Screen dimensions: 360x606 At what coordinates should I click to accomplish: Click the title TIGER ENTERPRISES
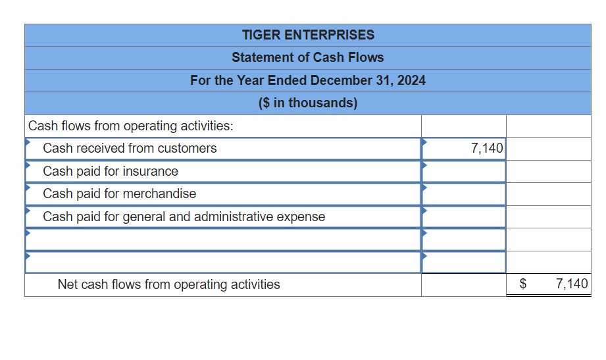pos(307,35)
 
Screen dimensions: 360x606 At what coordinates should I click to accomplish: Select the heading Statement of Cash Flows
pos(307,57)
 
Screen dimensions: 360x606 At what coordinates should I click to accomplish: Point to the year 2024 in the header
pos(411,80)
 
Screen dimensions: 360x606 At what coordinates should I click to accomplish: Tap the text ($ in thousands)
pos(307,103)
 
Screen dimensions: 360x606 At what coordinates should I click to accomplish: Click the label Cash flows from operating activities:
pos(130,126)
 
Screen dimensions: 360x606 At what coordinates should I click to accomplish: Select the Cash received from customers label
pos(130,148)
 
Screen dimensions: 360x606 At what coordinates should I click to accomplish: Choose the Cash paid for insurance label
pos(111,171)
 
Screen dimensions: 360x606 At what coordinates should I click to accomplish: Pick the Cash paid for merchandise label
pos(119,193)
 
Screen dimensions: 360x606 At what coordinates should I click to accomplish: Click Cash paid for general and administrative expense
pos(184,217)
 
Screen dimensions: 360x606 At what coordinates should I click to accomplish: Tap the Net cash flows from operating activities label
pos(168,284)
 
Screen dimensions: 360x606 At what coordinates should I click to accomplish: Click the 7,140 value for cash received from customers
pos(487,149)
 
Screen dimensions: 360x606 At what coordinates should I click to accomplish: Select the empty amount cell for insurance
pos(464,171)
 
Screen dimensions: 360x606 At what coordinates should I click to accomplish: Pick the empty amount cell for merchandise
pos(464,193)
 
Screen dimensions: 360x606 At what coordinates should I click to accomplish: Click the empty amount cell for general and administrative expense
pos(464,217)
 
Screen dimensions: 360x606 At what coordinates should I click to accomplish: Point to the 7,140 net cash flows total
pos(571,284)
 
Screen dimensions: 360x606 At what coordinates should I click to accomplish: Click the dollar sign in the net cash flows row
pos(524,284)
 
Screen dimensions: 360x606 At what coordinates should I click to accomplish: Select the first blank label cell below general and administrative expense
pos(222,239)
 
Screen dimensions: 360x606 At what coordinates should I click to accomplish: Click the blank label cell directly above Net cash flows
pos(222,262)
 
